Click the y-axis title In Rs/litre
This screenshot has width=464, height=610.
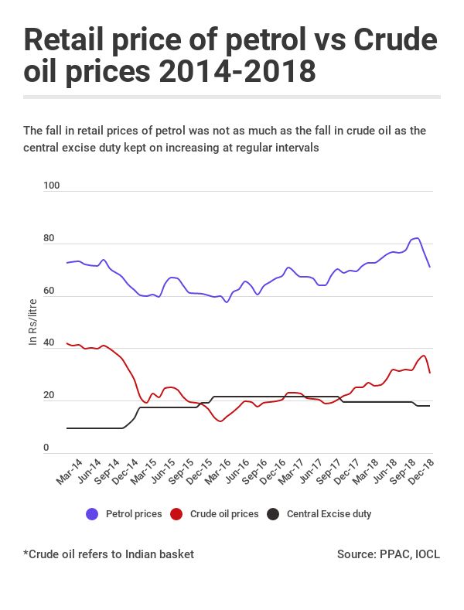click(32, 321)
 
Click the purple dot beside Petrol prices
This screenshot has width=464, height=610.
click(92, 514)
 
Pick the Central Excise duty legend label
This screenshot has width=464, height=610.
click(334, 514)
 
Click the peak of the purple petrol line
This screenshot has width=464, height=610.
click(417, 238)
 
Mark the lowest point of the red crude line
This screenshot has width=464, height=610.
click(221, 421)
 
